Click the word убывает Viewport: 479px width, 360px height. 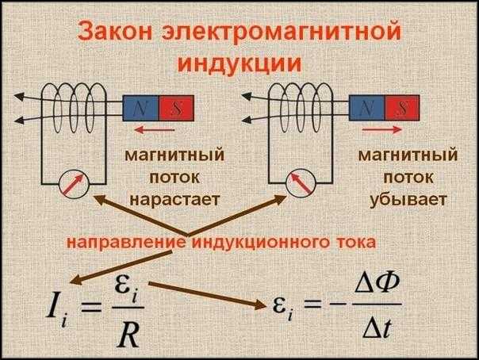tap(397, 195)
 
